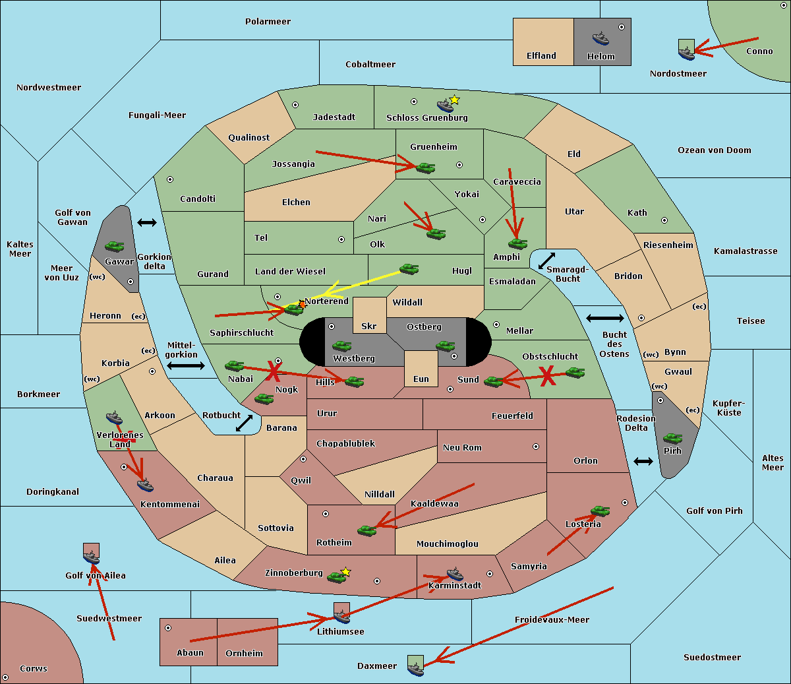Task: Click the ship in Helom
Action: point(601,39)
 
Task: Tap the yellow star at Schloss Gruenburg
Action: point(454,100)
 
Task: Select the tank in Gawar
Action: point(115,246)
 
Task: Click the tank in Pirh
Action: point(672,438)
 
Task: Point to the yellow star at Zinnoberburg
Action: point(345,572)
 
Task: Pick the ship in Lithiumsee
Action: point(341,616)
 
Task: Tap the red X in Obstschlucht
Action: point(548,376)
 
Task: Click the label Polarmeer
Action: point(268,22)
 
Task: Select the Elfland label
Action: point(541,56)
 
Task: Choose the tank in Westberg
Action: point(341,346)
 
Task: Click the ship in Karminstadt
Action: point(455,574)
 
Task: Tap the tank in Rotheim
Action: point(366,530)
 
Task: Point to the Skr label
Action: point(369,326)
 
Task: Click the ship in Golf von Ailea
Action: point(92,557)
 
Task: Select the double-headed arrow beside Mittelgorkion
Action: point(186,365)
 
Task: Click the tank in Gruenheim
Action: point(426,168)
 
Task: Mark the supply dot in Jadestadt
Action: point(295,105)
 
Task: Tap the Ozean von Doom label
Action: point(714,150)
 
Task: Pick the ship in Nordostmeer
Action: point(687,53)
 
